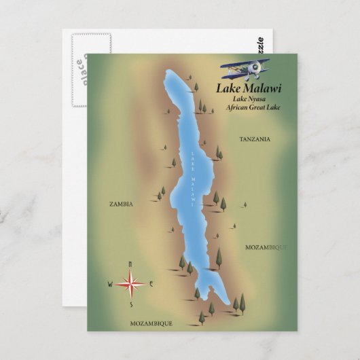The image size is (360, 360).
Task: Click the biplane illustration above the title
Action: [x=245, y=69]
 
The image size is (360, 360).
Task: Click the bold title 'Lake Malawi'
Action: [x=249, y=88]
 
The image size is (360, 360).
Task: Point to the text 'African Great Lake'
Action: [x=249, y=107]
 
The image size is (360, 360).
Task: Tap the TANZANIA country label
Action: [x=255, y=139]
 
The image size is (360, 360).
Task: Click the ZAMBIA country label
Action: [x=121, y=203]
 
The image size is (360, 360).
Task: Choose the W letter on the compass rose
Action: [x=109, y=284]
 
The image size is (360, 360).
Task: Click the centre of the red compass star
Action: [x=130, y=283]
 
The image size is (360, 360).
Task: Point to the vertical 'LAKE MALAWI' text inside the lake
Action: [x=193, y=180]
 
